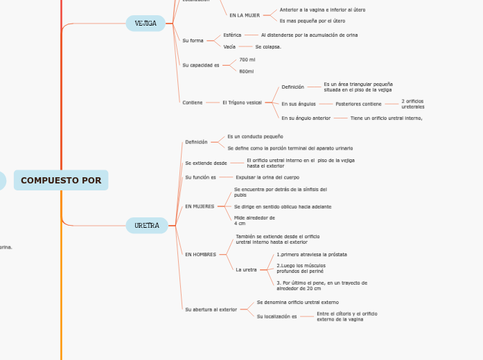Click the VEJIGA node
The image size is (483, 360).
[146, 24]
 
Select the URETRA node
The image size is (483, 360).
[147, 226]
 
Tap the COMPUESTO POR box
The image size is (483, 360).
[61, 181]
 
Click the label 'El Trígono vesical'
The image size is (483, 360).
[242, 102]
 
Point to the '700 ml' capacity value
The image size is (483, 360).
[247, 60]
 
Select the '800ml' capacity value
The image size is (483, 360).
[246, 71]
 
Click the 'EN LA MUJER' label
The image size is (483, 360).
[245, 15]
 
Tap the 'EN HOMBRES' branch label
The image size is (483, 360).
[200, 255]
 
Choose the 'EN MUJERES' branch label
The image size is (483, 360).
[200, 206]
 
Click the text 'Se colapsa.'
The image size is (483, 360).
[268, 47]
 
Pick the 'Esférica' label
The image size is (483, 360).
[232, 35]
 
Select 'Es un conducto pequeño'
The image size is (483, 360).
[255, 136]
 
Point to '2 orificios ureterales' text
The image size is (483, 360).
[413, 104]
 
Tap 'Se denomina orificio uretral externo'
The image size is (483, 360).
[297, 303]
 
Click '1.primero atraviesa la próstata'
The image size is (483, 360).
[312, 255]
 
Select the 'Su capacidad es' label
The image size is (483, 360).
[200, 65]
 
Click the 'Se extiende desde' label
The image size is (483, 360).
[206, 163]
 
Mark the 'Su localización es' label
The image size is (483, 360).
[276, 316]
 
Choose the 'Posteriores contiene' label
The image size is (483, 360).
[358, 104]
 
